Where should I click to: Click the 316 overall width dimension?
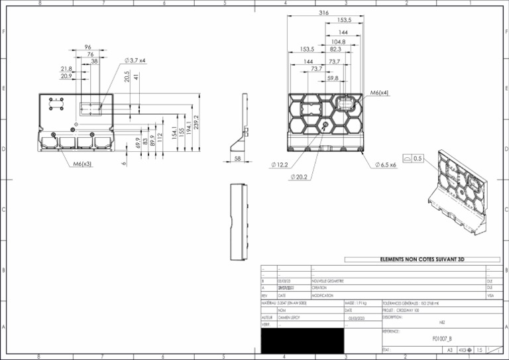coord(323,13)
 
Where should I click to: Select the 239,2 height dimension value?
coord(196,122)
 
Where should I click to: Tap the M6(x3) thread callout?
coord(82,163)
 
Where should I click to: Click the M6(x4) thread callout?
coord(379,93)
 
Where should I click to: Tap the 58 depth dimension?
coord(238,159)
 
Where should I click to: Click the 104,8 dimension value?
coord(338,41)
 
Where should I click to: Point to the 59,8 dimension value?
coord(333,78)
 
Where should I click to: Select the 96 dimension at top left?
coord(88,47)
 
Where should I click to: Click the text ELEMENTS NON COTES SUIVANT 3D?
coord(422,259)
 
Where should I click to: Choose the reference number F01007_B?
coord(441,338)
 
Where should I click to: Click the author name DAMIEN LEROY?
coord(290,318)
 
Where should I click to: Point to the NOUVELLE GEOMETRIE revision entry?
coord(327,281)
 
